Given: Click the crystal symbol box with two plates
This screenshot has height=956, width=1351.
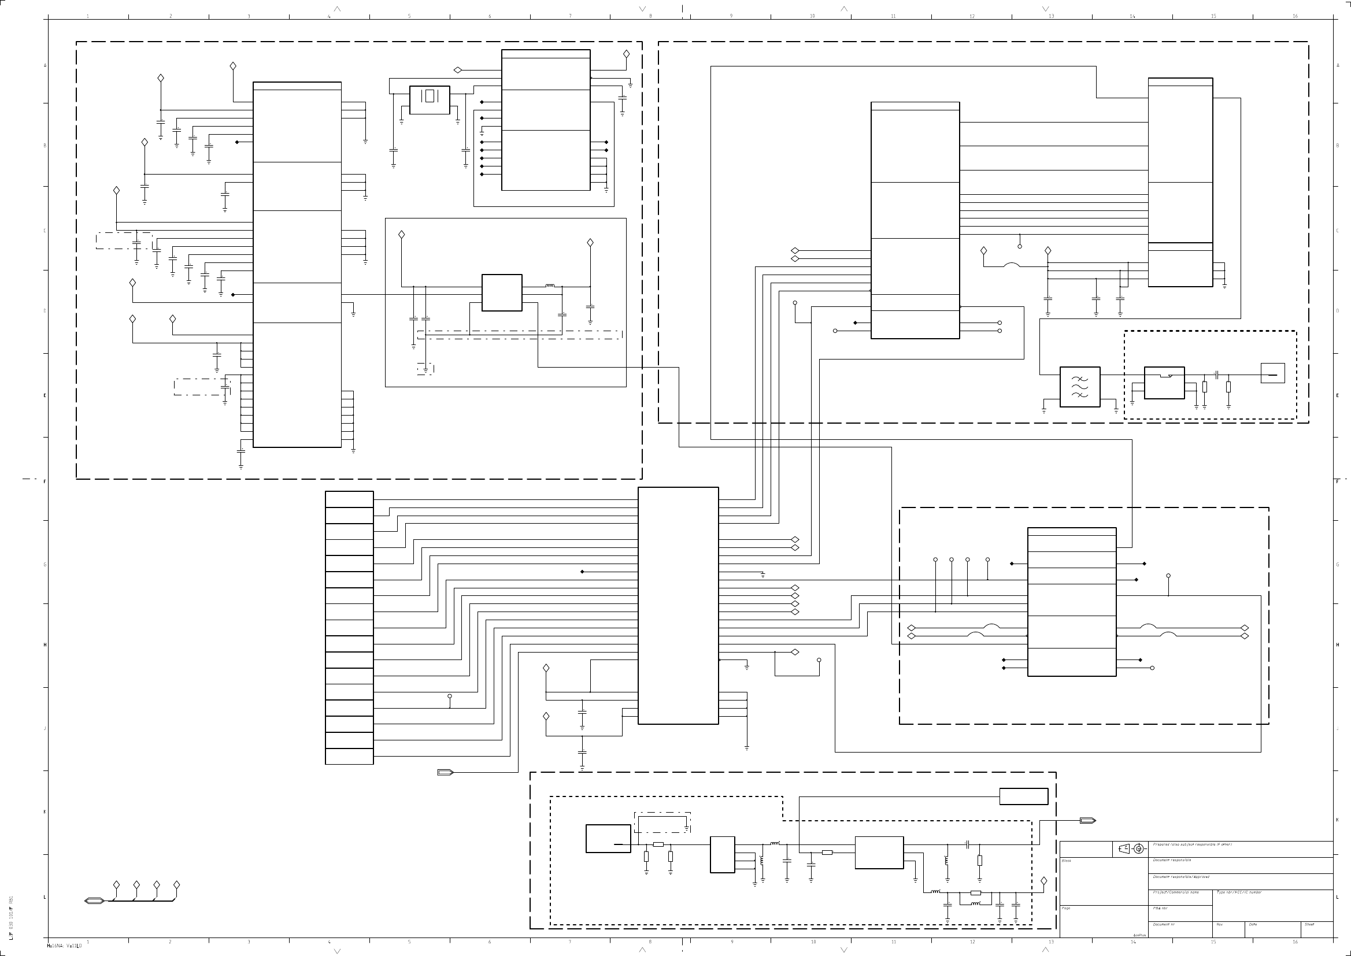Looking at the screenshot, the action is [x=429, y=100].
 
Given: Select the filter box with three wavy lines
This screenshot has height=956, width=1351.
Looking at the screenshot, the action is [x=1080, y=387].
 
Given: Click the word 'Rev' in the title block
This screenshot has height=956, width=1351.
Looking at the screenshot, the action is [x=1219, y=924].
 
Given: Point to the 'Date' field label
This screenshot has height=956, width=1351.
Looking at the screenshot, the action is [x=1253, y=924].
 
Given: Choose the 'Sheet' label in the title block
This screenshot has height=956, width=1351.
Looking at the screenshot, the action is [x=1309, y=924].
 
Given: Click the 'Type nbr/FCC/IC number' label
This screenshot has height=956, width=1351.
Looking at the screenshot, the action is [x=1239, y=892].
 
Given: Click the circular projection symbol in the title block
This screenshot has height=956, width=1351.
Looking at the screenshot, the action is [x=1138, y=848].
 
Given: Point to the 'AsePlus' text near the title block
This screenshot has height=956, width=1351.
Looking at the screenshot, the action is [x=1139, y=935].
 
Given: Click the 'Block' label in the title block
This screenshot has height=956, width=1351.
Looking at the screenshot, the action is [x=1066, y=861].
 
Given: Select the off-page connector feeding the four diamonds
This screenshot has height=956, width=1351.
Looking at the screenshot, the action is [x=94, y=901].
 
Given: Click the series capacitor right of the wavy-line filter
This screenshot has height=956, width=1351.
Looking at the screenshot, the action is [x=1216, y=375].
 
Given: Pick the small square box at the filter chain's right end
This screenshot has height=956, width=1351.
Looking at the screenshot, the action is [x=1272, y=373].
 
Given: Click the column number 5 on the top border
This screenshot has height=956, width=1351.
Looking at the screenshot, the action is [x=409, y=16].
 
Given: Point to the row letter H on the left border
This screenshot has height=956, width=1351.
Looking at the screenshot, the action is [x=45, y=644].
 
